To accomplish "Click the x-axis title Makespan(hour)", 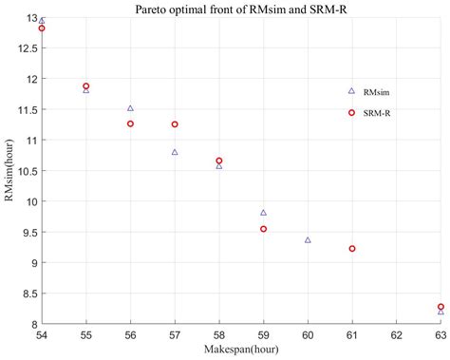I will coord(241,351).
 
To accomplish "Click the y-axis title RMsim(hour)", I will coord(9,171).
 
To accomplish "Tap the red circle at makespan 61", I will coord(352,249).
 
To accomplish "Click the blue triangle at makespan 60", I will coord(308,240).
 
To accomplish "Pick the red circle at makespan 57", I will coord(175,124).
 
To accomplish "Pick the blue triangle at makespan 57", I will coord(175,152).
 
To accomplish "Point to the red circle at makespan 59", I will coord(263,229).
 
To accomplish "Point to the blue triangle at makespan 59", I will coord(263,213).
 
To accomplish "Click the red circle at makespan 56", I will coord(130,123).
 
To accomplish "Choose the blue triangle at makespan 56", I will coord(130,108).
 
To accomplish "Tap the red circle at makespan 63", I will coord(441,307).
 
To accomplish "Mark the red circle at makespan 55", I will coord(86,85).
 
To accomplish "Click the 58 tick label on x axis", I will coord(219,336).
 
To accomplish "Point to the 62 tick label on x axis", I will coord(396,336).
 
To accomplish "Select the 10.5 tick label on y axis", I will coord(26,171).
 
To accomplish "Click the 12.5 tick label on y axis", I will coord(26,48).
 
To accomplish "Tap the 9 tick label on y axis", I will coord(32,263).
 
